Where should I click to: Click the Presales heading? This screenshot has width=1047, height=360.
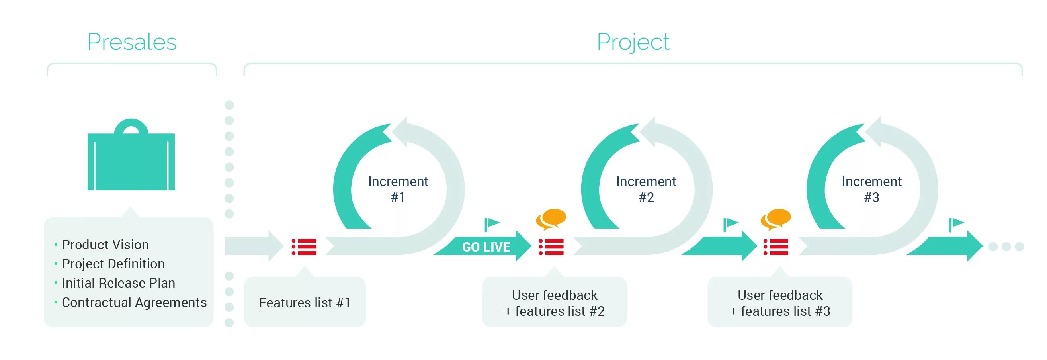click(132, 42)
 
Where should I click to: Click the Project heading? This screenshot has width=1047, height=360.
click(633, 42)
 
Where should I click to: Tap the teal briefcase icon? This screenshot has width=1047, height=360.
click(131, 157)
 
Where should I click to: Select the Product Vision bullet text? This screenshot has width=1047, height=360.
click(105, 245)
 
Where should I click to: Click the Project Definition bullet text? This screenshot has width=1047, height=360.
click(113, 264)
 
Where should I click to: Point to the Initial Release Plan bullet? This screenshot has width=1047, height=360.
click(118, 283)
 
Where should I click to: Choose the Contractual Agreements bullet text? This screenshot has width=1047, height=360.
click(134, 302)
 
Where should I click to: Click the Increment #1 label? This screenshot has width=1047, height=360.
click(398, 189)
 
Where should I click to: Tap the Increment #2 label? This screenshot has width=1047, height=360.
click(646, 189)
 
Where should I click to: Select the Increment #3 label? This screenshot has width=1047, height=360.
click(871, 189)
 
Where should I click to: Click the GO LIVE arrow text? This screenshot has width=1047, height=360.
click(486, 247)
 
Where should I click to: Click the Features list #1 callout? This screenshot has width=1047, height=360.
click(305, 303)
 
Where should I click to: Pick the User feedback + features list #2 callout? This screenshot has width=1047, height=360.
click(554, 303)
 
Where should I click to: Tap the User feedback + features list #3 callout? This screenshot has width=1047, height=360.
click(779, 303)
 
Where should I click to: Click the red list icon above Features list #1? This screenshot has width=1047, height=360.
click(304, 247)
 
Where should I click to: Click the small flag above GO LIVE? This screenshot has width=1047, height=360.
click(491, 224)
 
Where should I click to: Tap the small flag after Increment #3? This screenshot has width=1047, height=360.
click(955, 224)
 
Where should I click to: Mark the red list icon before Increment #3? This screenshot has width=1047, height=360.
click(776, 247)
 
